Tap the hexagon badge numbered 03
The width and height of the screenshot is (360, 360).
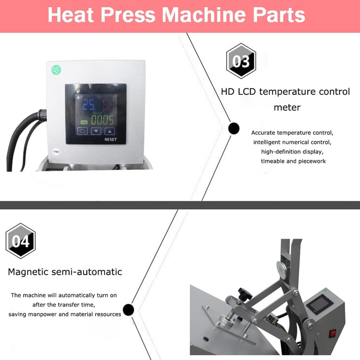click(241, 61)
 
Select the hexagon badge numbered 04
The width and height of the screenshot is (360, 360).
click(21, 240)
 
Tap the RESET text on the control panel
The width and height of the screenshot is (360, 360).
click(110, 139)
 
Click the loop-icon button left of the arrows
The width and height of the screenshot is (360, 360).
click(82, 131)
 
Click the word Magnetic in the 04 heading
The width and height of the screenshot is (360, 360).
click(27, 271)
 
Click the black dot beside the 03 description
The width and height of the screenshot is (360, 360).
click(234, 128)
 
